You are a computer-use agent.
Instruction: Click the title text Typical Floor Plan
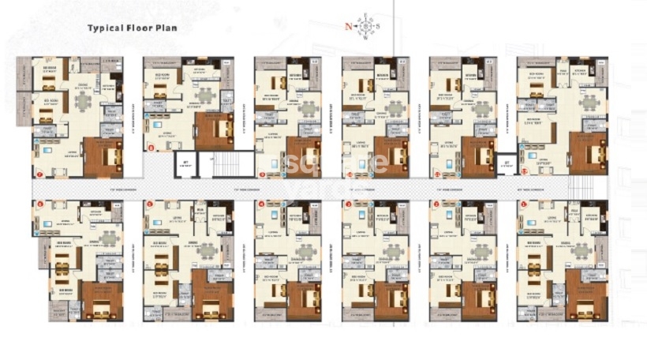[x=133, y=28]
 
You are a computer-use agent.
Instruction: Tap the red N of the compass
[x=348, y=26]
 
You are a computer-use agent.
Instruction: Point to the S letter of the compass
[x=377, y=26]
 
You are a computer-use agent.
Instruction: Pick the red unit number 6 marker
[x=39, y=205]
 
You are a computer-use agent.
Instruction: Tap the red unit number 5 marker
[x=150, y=205]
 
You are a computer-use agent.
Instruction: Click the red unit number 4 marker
[x=261, y=205]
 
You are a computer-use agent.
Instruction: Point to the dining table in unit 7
[x=80, y=100]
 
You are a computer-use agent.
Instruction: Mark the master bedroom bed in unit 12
[x=588, y=152]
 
